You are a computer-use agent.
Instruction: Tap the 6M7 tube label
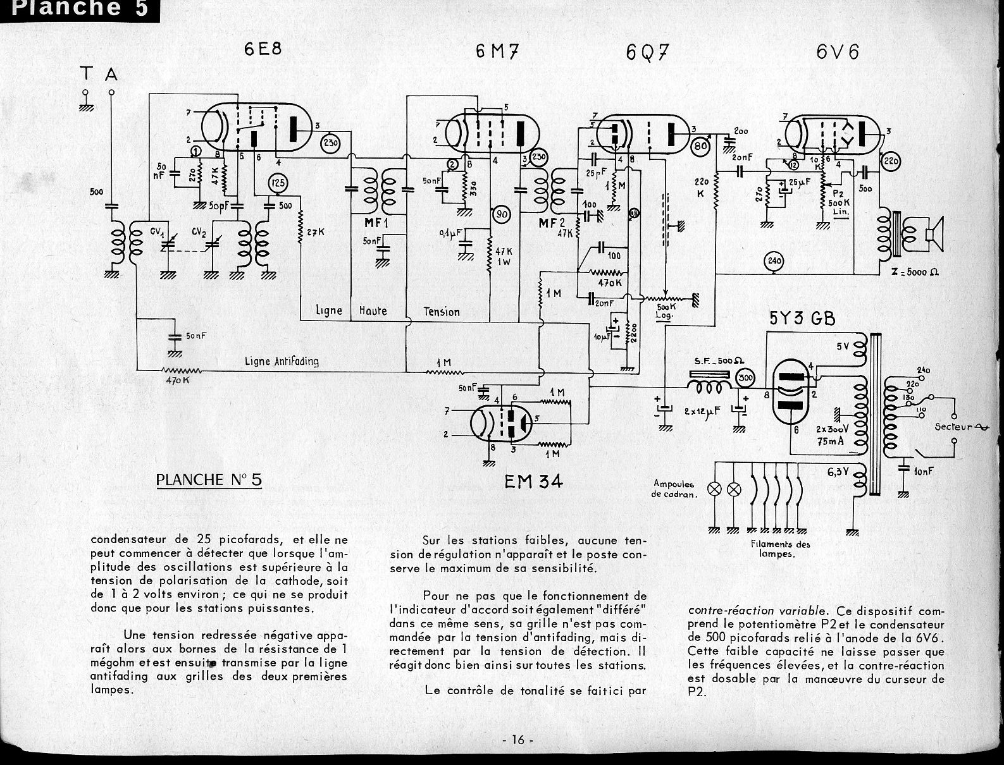[497, 52]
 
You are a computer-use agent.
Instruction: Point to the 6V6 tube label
[838, 52]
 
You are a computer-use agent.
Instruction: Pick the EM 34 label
[533, 482]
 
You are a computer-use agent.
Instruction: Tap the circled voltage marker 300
[747, 378]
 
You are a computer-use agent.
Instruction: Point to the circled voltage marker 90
[501, 215]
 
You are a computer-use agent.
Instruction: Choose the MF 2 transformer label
[548, 224]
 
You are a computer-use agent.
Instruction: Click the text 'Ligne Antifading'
[282, 362]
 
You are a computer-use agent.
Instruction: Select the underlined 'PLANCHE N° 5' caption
[208, 480]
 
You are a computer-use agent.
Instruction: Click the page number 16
[518, 740]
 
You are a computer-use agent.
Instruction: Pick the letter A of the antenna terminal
[111, 75]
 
